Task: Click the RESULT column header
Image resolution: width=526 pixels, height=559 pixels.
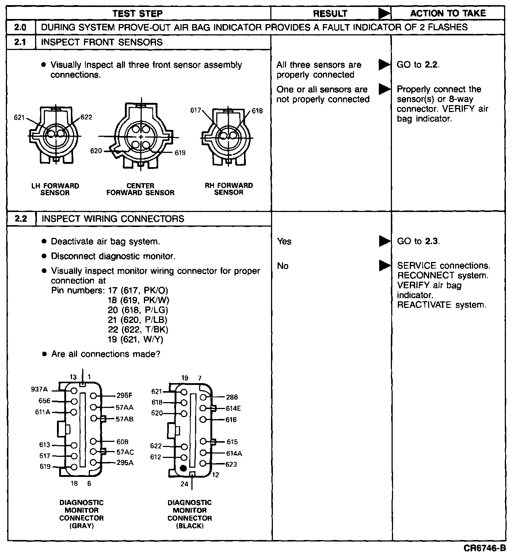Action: coord(330,14)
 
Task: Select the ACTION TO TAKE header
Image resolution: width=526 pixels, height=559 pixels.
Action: coord(448,14)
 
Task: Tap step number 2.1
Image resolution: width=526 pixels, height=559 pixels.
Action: coord(20,42)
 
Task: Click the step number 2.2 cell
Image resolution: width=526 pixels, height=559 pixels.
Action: coord(21,219)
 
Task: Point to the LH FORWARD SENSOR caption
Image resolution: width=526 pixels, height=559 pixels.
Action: coord(55,189)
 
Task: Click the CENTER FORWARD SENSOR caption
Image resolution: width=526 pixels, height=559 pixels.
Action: coord(140,189)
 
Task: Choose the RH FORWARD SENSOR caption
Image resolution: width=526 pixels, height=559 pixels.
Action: coord(229,189)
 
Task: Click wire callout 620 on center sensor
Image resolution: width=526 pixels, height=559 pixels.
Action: coord(96,151)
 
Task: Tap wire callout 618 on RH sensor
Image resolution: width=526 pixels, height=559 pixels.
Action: coord(257,111)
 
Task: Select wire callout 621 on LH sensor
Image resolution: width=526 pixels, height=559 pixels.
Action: coord(19,117)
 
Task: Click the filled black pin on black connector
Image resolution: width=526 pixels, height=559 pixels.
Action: coord(184,468)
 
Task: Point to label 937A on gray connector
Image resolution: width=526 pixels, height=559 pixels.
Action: coord(39,389)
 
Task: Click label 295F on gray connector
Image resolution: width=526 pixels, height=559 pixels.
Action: coord(125,395)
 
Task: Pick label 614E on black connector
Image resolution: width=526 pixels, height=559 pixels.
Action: coord(233,408)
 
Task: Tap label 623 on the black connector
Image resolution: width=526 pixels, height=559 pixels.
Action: coord(231,464)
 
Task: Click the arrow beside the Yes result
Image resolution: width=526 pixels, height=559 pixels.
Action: coord(384,241)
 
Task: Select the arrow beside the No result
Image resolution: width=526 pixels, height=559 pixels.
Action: coord(384,266)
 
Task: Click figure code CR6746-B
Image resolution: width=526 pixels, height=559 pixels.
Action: coord(485,548)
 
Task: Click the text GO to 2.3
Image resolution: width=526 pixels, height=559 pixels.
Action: coord(418,241)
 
